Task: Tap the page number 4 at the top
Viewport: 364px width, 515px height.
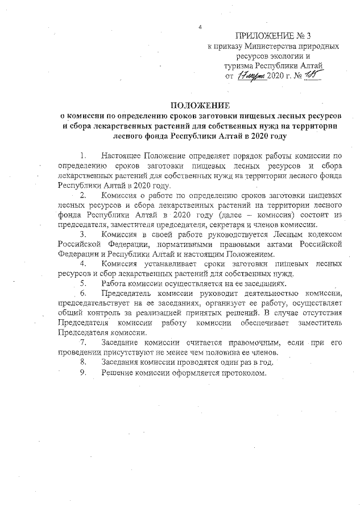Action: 200,27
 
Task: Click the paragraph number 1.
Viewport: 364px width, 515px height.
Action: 84,155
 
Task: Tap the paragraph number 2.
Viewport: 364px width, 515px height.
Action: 84,195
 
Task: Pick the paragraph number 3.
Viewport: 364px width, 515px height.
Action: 84,235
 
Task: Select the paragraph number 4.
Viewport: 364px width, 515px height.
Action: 84,264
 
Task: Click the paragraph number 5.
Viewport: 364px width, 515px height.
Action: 84,283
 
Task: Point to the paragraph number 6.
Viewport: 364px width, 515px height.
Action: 84,294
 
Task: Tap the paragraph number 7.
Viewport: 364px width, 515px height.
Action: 84,343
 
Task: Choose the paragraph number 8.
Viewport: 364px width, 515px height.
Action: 84,362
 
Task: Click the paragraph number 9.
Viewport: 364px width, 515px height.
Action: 84,372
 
